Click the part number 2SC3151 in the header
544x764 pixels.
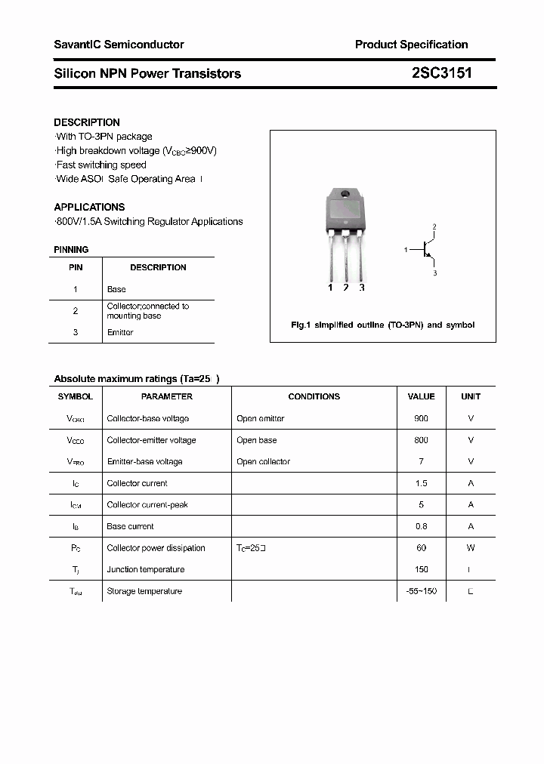click(442, 73)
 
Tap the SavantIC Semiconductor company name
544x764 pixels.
click(119, 45)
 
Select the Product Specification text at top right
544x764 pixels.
click(411, 45)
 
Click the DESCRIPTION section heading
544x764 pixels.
click(87, 122)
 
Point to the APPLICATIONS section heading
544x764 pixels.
click(89, 207)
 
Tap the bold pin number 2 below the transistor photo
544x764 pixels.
click(345, 288)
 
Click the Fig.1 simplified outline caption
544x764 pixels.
click(382, 325)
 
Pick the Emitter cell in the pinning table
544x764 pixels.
click(120, 332)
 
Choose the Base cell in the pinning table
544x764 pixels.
click(116, 289)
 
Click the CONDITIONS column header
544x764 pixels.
click(314, 396)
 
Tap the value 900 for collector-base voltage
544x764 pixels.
click(421, 418)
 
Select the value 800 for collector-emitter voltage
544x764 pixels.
click(421, 440)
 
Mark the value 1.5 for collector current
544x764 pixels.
click(421, 483)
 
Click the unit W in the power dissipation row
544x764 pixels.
click(470, 548)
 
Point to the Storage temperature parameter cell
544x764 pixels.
click(144, 591)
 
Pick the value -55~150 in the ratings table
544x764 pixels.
click(421, 591)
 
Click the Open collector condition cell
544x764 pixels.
click(263, 461)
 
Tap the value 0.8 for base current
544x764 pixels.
click(421, 526)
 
